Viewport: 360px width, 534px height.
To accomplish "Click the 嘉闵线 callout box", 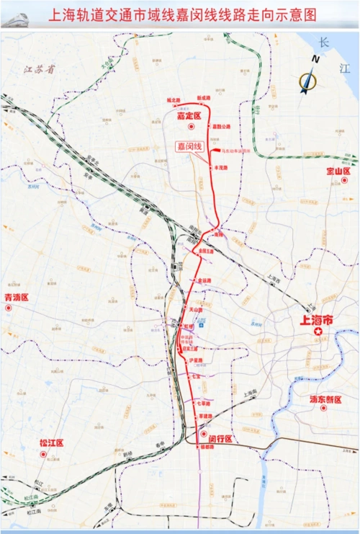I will point(191,146).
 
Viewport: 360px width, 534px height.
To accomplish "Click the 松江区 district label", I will point(52,442).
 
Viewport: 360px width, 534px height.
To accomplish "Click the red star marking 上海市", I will point(318,331).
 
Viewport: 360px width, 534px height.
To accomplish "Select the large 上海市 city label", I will point(318,319).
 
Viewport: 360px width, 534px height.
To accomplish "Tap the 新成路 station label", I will point(202,99).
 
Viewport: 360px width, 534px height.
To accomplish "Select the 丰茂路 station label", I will point(221,167).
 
